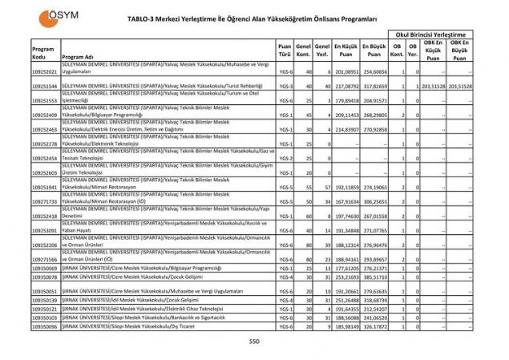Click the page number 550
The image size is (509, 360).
tap(254, 342)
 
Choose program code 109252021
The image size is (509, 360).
tap(44, 71)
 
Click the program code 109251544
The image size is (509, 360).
tap(44, 86)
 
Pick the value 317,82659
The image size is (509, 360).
tap(374, 86)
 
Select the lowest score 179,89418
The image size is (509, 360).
tap(345, 100)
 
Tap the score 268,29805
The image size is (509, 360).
tap(374, 115)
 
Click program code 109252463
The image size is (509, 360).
tap(44, 129)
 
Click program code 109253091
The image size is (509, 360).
tap(44, 230)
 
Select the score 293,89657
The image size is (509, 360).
tap(374, 259)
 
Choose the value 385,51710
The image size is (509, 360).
tap(374, 276)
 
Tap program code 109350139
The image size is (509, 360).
tap(44, 298)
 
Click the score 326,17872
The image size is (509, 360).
tap(374, 326)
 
